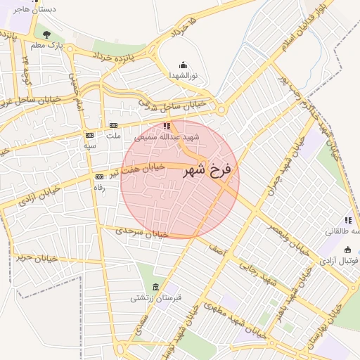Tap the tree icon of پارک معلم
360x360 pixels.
46,34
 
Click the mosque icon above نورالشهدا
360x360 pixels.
184,64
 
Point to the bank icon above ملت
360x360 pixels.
112,125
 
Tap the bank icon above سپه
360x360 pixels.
89,134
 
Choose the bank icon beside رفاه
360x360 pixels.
99,176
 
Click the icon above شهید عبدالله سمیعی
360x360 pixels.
167,127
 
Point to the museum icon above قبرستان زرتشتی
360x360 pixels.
155,288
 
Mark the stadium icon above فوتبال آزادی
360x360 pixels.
347,250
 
